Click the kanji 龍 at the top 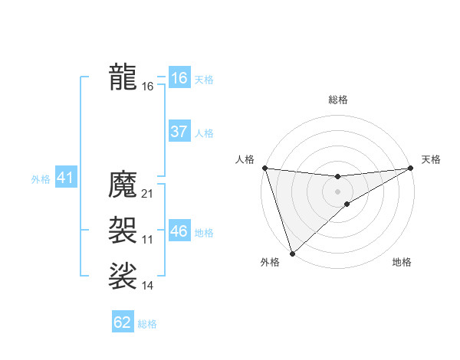(123, 77)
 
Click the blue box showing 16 (179, 78)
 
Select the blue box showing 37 (179, 132)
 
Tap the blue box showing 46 (179, 231)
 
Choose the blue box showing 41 (64, 178)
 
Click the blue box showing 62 (123, 322)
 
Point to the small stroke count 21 (148, 194)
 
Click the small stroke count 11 (148, 240)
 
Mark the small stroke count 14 (148, 286)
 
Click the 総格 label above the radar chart (337, 100)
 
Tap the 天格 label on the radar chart (431, 159)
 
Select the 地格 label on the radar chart (402, 263)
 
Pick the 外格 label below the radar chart (270, 263)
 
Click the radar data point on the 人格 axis (264, 167)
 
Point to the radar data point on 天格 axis (410, 168)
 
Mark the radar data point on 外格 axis (292, 253)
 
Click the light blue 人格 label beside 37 (204, 133)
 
